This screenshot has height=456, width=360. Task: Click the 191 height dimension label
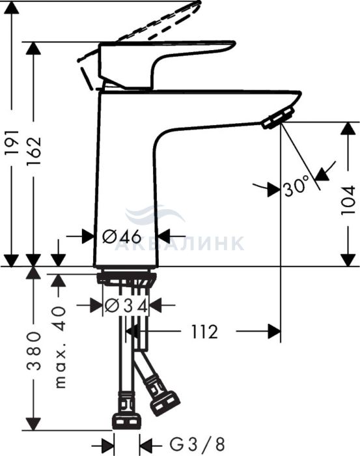click(x=12, y=143)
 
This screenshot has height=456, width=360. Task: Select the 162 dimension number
click(x=34, y=150)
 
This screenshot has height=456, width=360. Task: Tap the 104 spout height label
click(x=348, y=200)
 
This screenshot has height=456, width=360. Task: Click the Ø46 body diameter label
click(x=122, y=236)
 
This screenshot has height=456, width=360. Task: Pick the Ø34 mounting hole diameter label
click(x=126, y=306)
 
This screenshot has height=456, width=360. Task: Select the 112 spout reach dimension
click(x=204, y=331)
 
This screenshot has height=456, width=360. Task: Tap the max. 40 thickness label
click(x=61, y=347)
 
